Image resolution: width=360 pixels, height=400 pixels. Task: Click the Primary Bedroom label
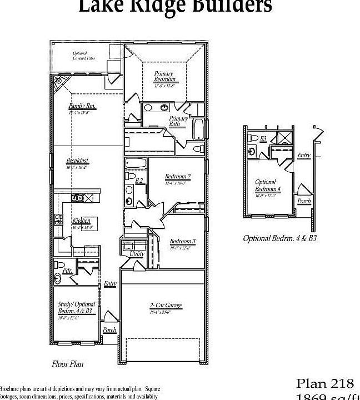pyautogui.click(x=164, y=77)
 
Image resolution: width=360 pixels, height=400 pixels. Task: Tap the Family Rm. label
pyautogui.click(x=82, y=106)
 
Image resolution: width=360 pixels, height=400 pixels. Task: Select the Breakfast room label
pyautogui.click(x=77, y=161)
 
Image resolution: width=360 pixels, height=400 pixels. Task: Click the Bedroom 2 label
pyautogui.click(x=178, y=177)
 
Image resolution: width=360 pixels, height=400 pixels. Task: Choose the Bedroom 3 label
pyautogui.click(x=182, y=241)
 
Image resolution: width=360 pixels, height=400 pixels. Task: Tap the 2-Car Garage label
pyautogui.click(x=166, y=306)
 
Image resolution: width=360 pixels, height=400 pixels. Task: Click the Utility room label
pyautogui.click(x=137, y=254)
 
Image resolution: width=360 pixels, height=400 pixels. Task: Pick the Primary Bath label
pyautogui.click(x=178, y=122)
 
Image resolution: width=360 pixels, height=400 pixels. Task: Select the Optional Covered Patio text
pyautogui.click(x=79, y=56)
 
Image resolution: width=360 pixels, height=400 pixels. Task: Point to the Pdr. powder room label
pyautogui.click(x=68, y=271)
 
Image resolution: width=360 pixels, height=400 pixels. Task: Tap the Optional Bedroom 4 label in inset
pyautogui.click(x=268, y=186)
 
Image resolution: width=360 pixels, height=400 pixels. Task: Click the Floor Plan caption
pyautogui.click(x=68, y=364)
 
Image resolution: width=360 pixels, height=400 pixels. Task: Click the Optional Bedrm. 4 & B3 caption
pyautogui.click(x=279, y=238)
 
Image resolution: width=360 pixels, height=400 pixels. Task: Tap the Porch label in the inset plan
pyautogui.click(x=304, y=201)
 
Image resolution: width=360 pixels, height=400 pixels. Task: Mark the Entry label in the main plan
pyautogui.click(x=110, y=284)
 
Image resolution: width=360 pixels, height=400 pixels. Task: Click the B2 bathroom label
pyautogui.click(x=139, y=181)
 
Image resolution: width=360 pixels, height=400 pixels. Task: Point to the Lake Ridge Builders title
pyautogui.click(x=175, y=7)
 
